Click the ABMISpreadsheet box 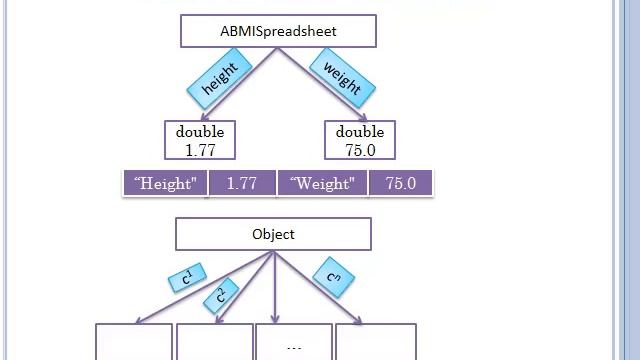tap(278, 31)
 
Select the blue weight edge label tap(342, 78)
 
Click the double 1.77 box tap(200, 141)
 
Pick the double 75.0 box tap(360, 141)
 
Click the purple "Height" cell tap(165, 184)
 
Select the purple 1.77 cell tap(242, 184)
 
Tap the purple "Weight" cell tap(322, 184)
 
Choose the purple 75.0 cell tap(401, 184)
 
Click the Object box tap(273, 234)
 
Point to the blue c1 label tap(187, 278)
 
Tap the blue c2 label tap(222, 294)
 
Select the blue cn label tap(334, 278)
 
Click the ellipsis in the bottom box tap(294, 347)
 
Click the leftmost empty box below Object tap(134, 342)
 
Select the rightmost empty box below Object tap(376, 342)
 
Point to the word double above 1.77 tap(200, 132)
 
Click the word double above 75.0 tap(360, 132)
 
